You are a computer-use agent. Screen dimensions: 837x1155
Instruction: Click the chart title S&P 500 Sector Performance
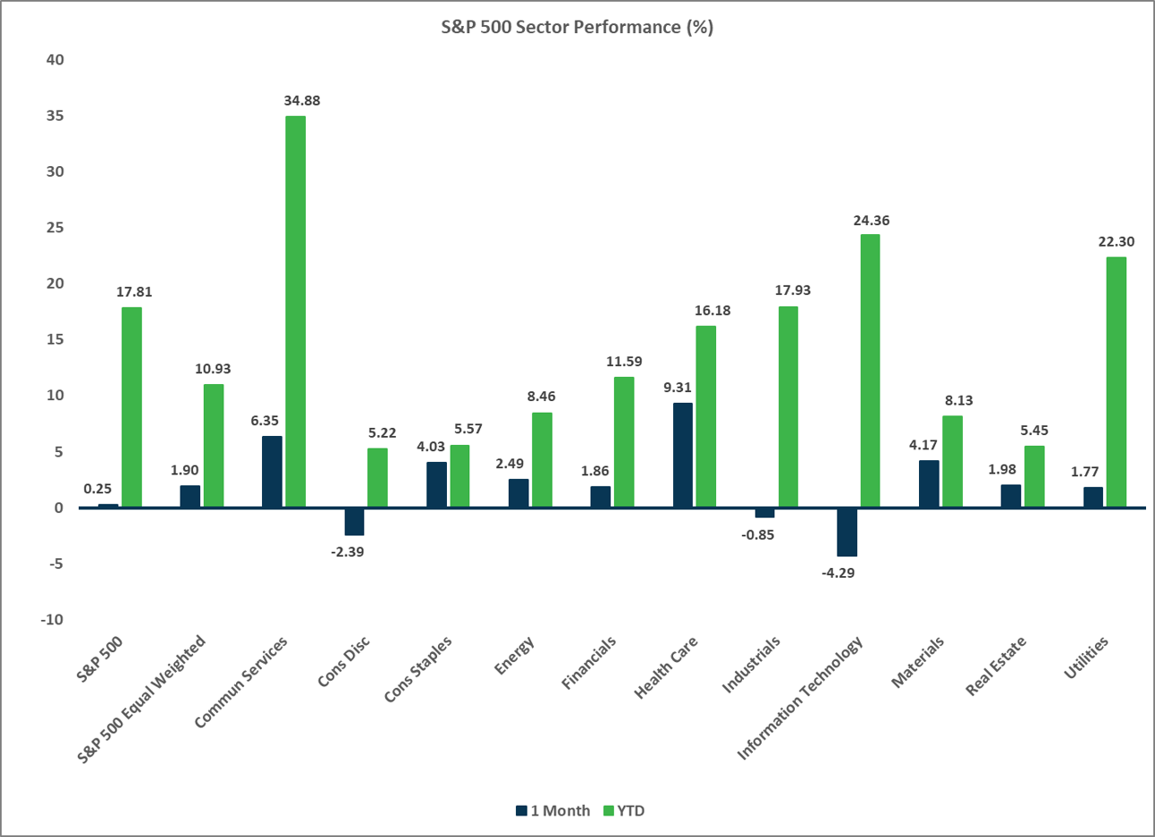pos(577,27)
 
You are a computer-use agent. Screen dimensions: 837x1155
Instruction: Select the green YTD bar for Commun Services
pos(295,312)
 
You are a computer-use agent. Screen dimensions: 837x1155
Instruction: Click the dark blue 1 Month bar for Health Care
pos(682,455)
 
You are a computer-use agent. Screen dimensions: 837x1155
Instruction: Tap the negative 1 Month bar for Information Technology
pos(847,531)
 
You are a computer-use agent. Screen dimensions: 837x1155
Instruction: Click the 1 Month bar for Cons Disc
pos(354,521)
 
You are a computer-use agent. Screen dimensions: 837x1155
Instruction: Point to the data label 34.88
pos(301,101)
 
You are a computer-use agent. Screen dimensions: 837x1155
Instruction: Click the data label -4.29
pos(838,573)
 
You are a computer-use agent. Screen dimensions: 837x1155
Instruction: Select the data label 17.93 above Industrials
pos(793,290)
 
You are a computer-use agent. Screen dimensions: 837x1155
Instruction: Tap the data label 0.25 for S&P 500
pos(97,489)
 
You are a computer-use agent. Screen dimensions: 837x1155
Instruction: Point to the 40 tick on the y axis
pos(55,60)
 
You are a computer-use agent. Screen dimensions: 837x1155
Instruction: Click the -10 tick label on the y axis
pos(52,619)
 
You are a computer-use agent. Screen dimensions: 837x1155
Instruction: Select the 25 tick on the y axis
pos(55,228)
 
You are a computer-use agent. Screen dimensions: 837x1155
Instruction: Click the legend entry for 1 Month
pos(552,811)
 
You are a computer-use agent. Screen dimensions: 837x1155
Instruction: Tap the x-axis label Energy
pos(515,657)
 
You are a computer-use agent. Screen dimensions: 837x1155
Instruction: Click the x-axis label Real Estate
pos(996,666)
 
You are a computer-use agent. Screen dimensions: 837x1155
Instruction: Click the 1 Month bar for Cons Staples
pos(436,484)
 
